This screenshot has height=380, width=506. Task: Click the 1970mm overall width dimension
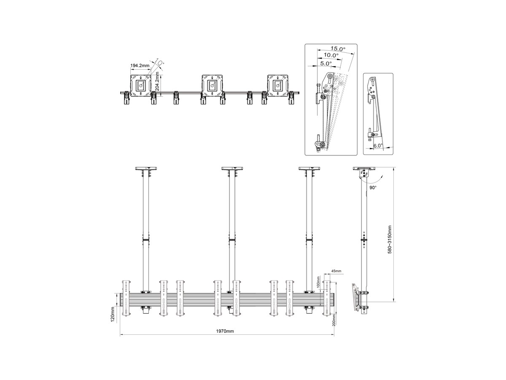pyautogui.click(x=225, y=331)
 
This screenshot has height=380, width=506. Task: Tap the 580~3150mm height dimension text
pyautogui.click(x=390, y=240)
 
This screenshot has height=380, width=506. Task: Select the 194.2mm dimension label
pyautogui.click(x=140, y=65)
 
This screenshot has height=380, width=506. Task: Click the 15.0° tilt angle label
pyautogui.click(x=338, y=49)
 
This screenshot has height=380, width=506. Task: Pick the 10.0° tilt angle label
pyautogui.click(x=331, y=55)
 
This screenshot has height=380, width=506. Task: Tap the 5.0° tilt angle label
pyautogui.click(x=326, y=63)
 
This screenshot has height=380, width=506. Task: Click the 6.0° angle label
pyautogui.click(x=378, y=146)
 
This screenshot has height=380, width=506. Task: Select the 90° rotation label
pyautogui.click(x=373, y=187)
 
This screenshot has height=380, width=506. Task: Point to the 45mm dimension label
pyautogui.click(x=336, y=271)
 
